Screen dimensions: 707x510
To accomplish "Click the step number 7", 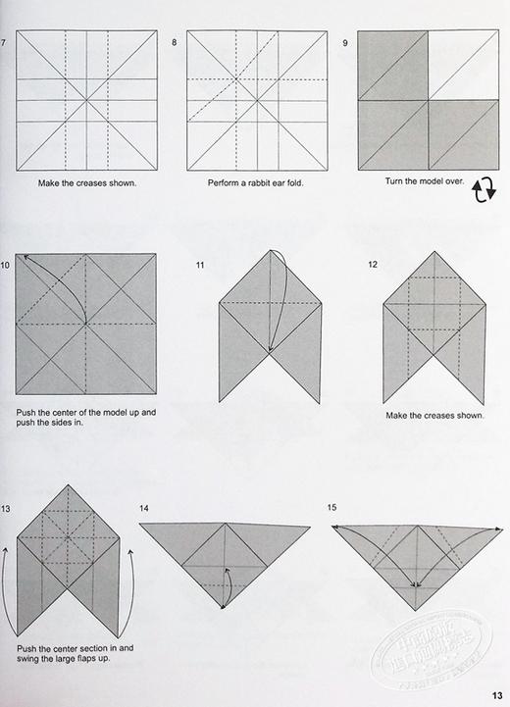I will click(x=4, y=42).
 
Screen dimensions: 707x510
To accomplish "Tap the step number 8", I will click(x=174, y=42).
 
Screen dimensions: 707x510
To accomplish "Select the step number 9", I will click(x=346, y=42).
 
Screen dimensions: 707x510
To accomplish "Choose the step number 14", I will click(x=144, y=508).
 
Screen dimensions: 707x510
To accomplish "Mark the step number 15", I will click(x=332, y=508).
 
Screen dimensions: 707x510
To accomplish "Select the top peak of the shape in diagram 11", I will click(x=270, y=251).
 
